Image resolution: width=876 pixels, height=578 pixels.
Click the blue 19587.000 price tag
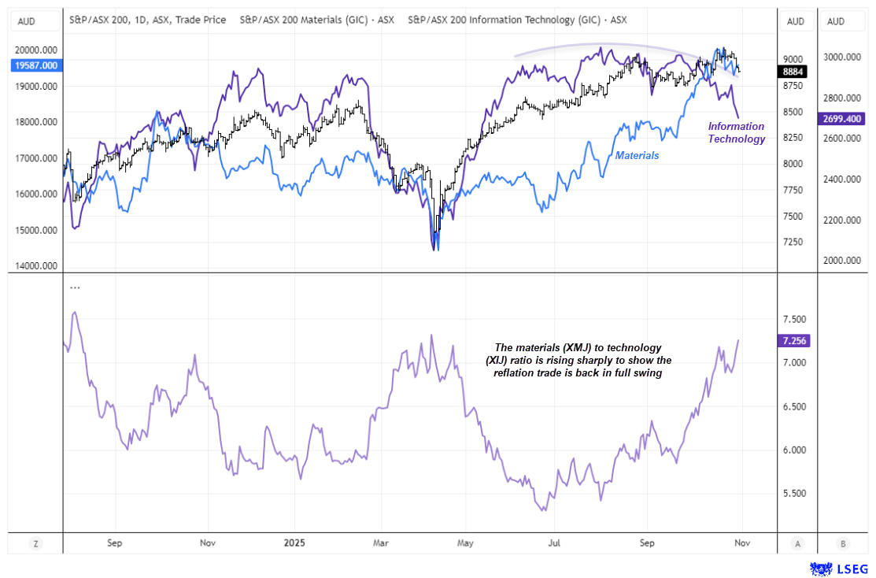pos(36,65)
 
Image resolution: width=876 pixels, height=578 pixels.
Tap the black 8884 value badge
pos(793,72)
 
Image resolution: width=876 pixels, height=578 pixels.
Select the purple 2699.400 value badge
pos(843,119)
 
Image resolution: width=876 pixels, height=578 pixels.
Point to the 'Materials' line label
pos(637,156)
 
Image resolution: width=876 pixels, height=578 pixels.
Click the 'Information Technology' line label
pos(736,132)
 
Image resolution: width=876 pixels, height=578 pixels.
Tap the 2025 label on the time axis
pos(294,543)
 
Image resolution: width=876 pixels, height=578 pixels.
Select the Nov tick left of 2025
pos(208,543)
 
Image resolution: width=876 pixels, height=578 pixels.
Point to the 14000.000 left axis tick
pos(37,266)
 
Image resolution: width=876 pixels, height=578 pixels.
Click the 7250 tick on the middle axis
pos(793,241)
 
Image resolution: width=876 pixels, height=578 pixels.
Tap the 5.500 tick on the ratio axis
pos(794,494)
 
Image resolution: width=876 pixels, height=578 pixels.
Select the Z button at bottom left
pos(35,543)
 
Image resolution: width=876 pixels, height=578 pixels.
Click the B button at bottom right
pos(844,543)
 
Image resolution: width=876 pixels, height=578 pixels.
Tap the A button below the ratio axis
pos(798,543)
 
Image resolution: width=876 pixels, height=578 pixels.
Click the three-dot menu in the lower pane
pos(75,288)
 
